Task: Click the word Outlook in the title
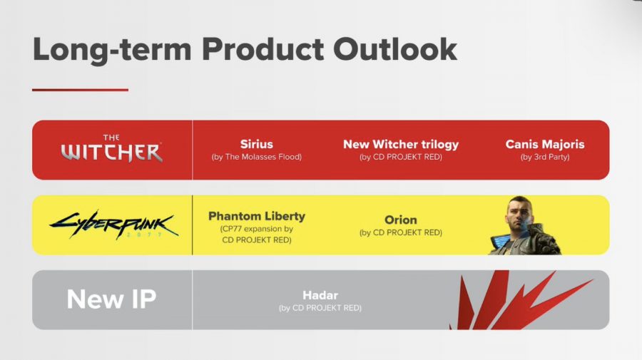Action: tap(394, 49)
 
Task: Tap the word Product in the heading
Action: tap(263, 49)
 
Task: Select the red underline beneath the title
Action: tap(80, 90)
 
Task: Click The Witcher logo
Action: tap(112, 148)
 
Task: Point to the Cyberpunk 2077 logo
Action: tap(114, 225)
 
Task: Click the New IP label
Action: tap(111, 299)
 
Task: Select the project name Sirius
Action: tap(257, 144)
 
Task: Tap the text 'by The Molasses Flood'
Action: tap(257, 157)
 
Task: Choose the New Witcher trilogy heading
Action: tap(401, 145)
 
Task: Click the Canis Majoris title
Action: tap(545, 145)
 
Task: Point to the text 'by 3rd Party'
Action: tap(545, 157)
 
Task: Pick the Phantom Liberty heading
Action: tap(257, 216)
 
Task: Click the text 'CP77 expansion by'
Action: tap(257, 229)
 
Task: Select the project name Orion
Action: tap(401, 220)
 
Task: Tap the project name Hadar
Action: tap(320, 295)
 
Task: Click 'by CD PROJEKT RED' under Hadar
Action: tap(320, 308)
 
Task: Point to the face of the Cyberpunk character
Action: tap(519, 212)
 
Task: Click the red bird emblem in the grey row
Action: tap(520, 300)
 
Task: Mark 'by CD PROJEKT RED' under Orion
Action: tap(401, 232)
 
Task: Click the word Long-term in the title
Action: tap(112, 49)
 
